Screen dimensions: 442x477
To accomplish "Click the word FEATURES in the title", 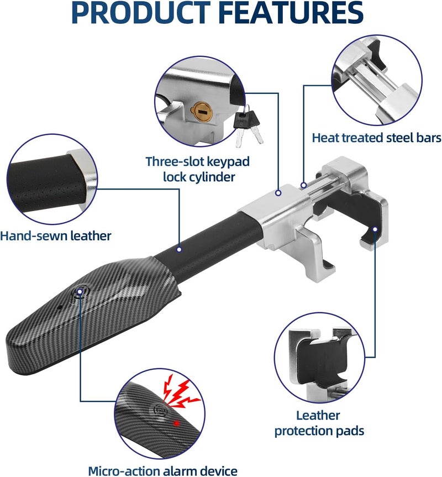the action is click(x=291, y=12).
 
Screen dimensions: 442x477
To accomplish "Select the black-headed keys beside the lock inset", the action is click(x=248, y=126).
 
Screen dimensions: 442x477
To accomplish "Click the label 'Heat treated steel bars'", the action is click(x=377, y=138).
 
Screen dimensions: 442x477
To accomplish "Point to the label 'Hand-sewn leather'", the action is click(x=56, y=236).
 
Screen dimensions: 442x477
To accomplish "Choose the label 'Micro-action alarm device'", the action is click(x=163, y=471).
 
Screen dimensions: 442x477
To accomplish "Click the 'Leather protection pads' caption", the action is click(x=319, y=423).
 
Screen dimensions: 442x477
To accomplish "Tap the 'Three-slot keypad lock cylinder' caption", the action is click(x=198, y=169).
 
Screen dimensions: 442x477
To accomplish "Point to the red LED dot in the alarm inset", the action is click(x=176, y=423).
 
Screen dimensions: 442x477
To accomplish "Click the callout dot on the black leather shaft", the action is click(x=180, y=249).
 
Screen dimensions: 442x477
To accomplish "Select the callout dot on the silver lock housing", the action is click(x=278, y=193).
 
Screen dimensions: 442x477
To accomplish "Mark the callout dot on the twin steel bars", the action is click(x=303, y=185).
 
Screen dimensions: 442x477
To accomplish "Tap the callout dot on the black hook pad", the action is click(x=375, y=229).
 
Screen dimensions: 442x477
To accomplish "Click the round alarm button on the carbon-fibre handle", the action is click(x=80, y=292).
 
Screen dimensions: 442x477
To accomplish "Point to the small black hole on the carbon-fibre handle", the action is click(x=60, y=307).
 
